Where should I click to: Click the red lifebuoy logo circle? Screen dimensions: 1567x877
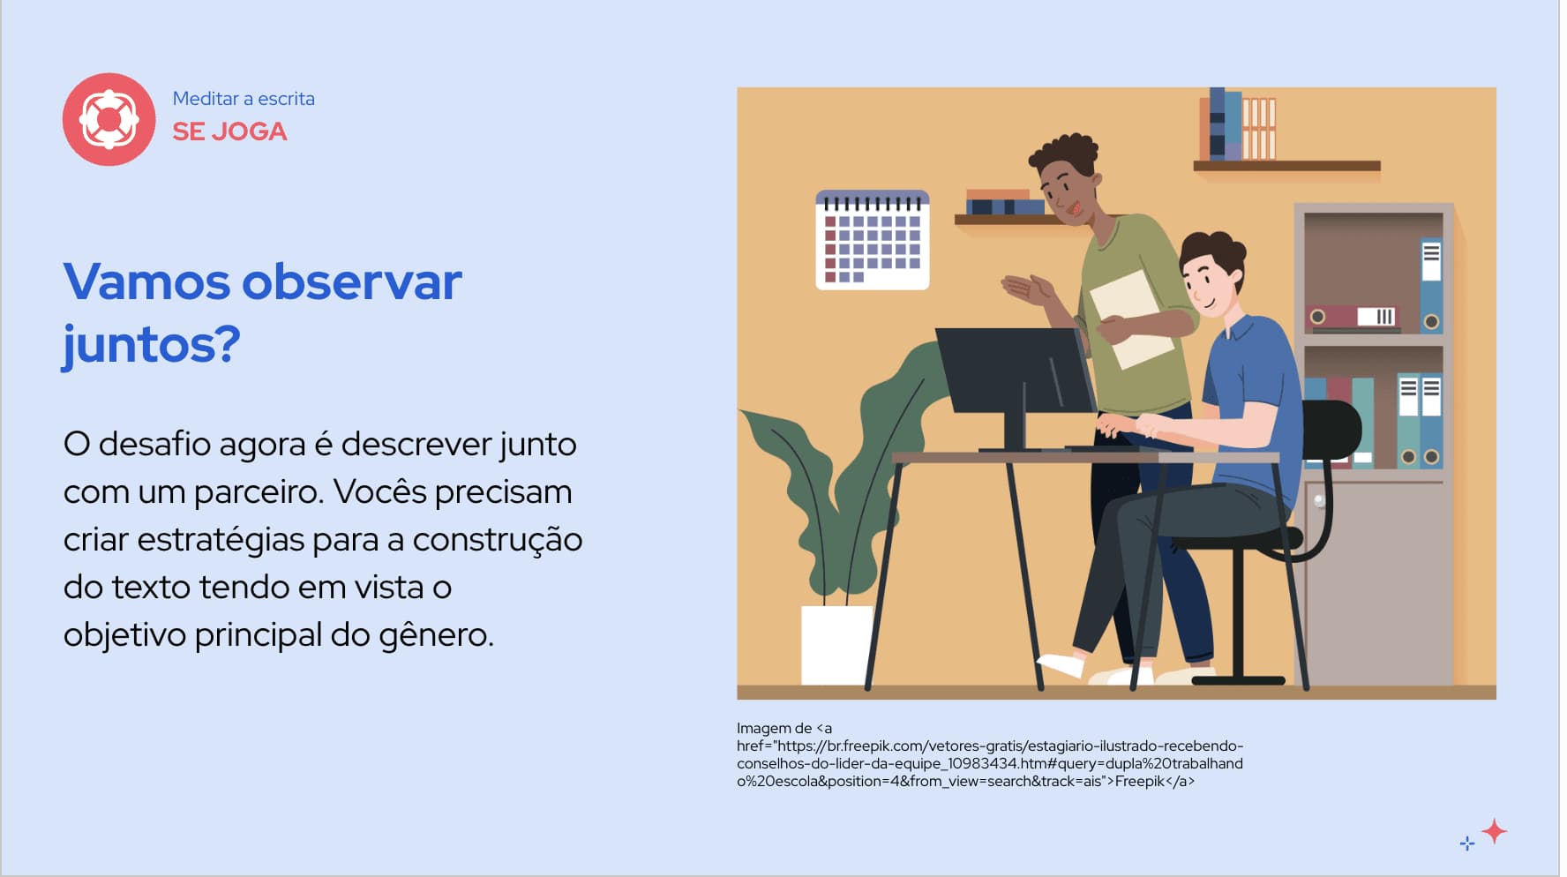pyautogui.click(x=109, y=119)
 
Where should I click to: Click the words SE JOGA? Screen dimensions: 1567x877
pyautogui.click(x=229, y=131)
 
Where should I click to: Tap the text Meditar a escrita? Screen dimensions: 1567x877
pyautogui.click(x=244, y=99)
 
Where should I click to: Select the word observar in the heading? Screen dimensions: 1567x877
pyautogui.click(x=351, y=282)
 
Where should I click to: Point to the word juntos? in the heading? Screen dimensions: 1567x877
pyautogui.click(x=151, y=345)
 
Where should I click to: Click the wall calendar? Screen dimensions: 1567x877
pyautogui.click(x=872, y=240)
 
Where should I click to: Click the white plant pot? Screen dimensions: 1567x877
pyautogui.click(x=836, y=645)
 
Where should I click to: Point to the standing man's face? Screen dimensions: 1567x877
pyautogui.click(x=1065, y=191)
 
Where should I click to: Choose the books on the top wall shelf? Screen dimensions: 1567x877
pyautogui.click(x=1236, y=125)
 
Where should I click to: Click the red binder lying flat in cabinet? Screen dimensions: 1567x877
pyautogui.click(x=1352, y=316)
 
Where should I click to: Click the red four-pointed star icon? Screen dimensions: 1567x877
pyautogui.click(x=1494, y=831)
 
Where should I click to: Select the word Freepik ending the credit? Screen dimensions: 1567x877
pyautogui.click(x=1139, y=782)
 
